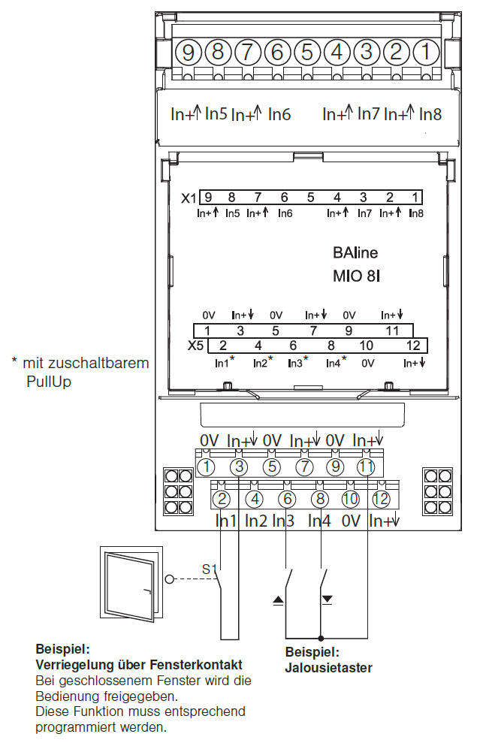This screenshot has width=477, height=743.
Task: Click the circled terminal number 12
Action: click(x=381, y=498)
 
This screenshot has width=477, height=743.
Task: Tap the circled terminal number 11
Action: click(x=366, y=467)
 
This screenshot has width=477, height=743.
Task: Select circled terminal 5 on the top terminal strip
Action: click(x=306, y=53)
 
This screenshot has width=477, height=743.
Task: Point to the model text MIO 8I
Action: click(x=357, y=276)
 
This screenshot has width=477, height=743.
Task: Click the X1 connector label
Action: click(x=189, y=198)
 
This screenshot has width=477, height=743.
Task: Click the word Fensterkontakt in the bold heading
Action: click(x=200, y=665)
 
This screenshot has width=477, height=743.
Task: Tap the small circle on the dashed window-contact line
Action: click(x=170, y=580)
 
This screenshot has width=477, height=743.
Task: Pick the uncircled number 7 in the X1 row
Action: click(x=258, y=198)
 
